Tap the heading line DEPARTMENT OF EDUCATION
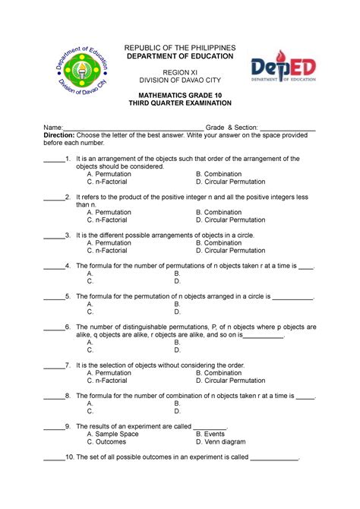tap(180, 56)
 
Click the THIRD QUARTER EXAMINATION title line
tap(180, 103)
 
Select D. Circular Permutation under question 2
tap(231, 220)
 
